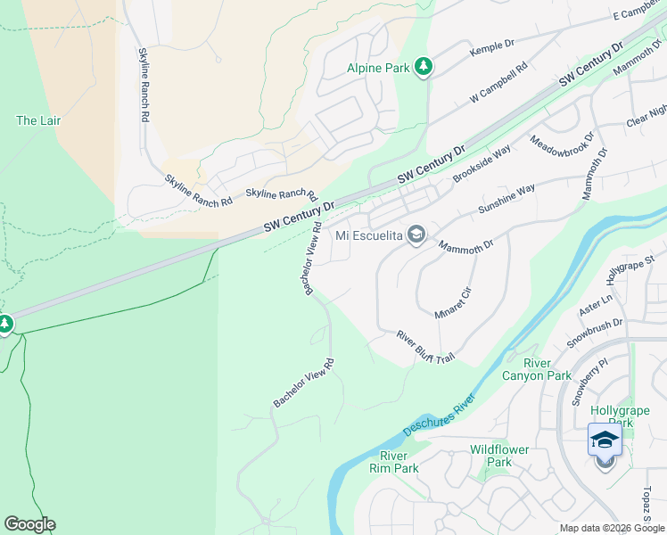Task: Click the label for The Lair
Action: coord(38,120)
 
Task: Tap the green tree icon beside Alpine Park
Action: coord(424,68)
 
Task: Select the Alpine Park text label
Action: coord(379,68)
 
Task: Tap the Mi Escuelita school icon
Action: coord(416,235)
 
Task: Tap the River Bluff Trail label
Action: coord(426,346)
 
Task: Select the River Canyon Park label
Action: coord(548,369)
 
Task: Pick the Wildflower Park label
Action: coord(500,456)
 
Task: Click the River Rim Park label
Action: coord(393,462)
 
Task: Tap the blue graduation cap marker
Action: coord(605,441)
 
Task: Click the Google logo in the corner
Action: coord(29,524)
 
